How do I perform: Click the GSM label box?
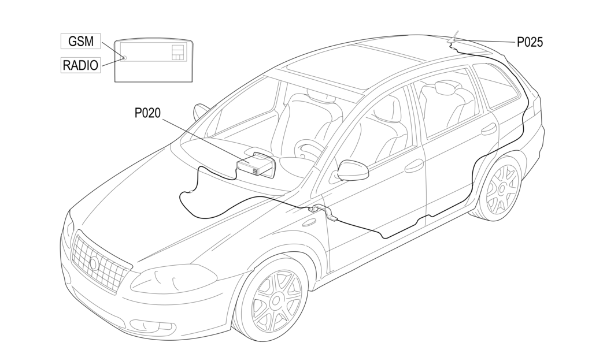[x=81, y=41]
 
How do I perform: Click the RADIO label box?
[x=80, y=65]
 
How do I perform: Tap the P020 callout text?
[x=147, y=113]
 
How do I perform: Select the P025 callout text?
[x=530, y=42]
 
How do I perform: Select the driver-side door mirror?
[x=353, y=170]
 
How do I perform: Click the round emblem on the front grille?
[x=94, y=263]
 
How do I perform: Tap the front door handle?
[x=414, y=165]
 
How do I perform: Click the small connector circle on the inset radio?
[x=124, y=58]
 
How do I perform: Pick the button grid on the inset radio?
[x=177, y=53]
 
